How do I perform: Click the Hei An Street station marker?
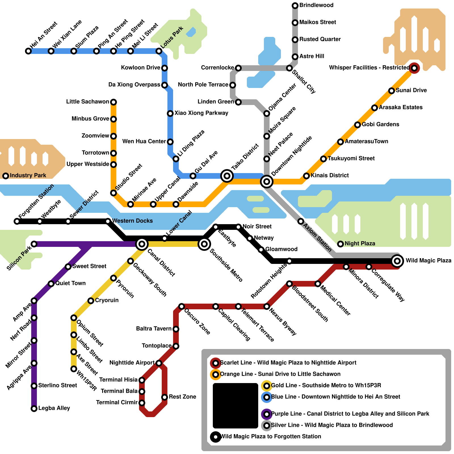[28, 51]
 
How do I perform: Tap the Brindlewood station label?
[316, 5]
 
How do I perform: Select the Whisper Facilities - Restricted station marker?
[414, 68]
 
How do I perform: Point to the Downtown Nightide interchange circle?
[267, 181]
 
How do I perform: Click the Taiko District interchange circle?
[227, 176]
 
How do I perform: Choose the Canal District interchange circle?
[142, 244]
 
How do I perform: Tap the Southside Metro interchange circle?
[204, 244]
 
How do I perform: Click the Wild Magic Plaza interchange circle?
[397, 261]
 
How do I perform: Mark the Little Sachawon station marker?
[113, 102]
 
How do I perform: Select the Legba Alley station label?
[54, 408]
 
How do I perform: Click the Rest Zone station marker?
[165, 397]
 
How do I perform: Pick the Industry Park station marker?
[6, 176]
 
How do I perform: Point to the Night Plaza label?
[360, 244]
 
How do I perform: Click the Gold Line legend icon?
[267, 386]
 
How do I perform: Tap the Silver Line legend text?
[332, 425]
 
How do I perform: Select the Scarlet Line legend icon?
[216, 363]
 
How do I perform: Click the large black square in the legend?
[236, 405]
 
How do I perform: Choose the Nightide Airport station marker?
[159, 363]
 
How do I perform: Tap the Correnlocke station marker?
[238, 68]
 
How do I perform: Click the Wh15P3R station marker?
[74, 369]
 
